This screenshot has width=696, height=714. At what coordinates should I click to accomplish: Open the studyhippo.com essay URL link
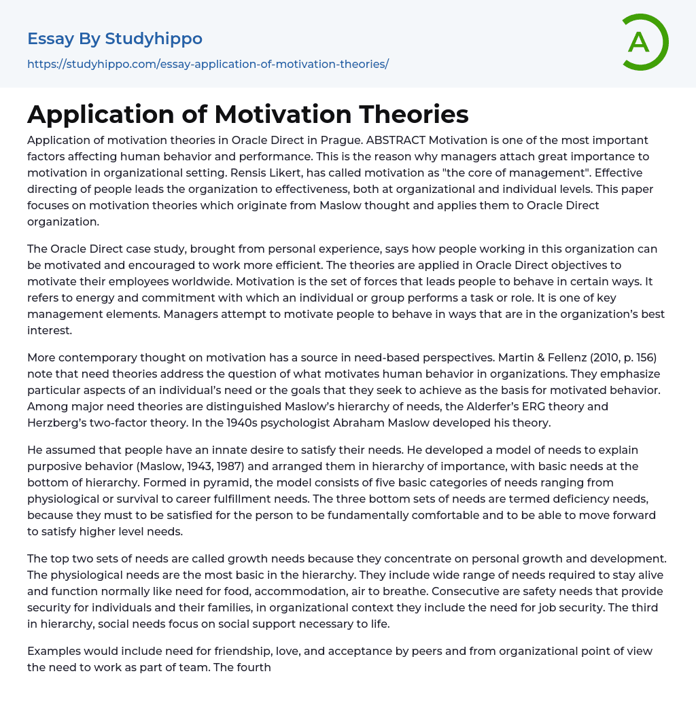[207, 64]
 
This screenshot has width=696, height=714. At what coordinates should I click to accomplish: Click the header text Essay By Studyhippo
[115, 39]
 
